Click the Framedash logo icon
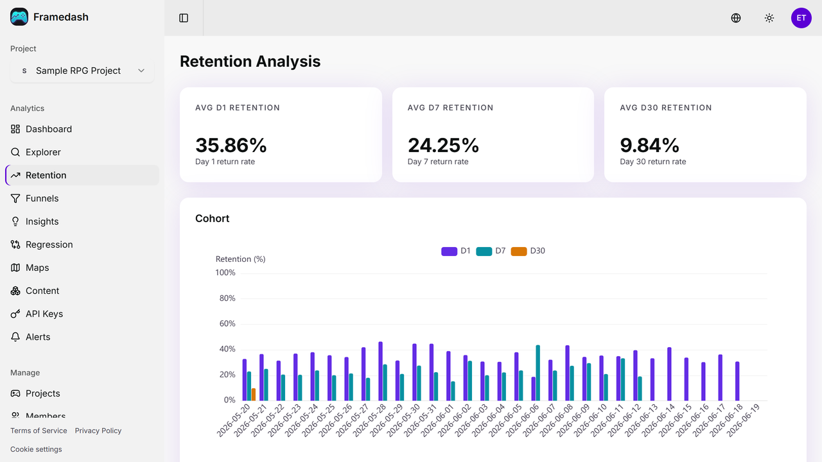(x=19, y=17)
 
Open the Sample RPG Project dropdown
(x=82, y=71)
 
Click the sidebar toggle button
(x=184, y=18)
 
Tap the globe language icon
(x=736, y=18)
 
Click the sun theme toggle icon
(x=769, y=18)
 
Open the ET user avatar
(x=801, y=18)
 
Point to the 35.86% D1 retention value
(x=231, y=145)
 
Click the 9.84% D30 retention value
(x=649, y=145)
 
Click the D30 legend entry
(x=528, y=251)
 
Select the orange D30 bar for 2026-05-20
(x=254, y=395)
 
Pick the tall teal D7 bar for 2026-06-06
(x=538, y=373)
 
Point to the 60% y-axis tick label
(x=227, y=324)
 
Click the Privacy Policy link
(x=98, y=431)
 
